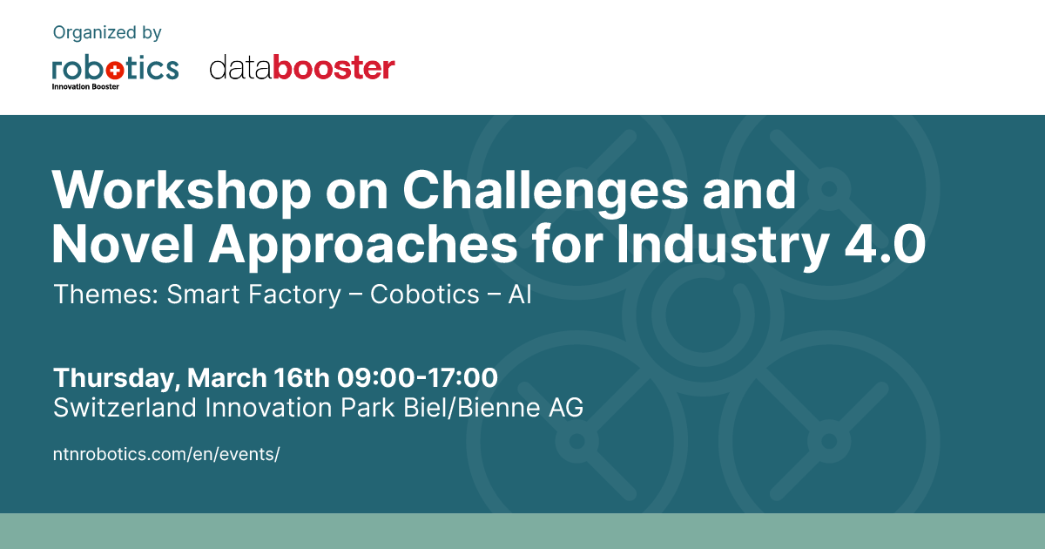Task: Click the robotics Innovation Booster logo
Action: pyautogui.click(x=115, y=73)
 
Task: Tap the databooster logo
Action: pyautogui.click(x=302, y=67)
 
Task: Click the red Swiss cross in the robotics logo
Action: pyautogui.click(x=115, y=71)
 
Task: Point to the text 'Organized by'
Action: pyautogui.click(x=107, y=33)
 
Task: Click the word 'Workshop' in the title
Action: pyautogui.click(x=181, y=191)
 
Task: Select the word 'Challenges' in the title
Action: pyautogui.click(x=545, y=191)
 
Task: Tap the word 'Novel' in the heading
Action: pyautogui.click(x=123, y=244)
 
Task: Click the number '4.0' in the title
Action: pyautogui.click(x=886, y=244)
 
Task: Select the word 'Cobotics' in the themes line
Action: pyautogui.click(x=425, y=295)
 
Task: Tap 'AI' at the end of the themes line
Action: pyautogui.click(x=520, y=295)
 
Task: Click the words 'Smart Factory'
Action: pyautogui.click(x=253, y=295)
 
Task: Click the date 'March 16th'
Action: pyautogui.click(x=259, y=377)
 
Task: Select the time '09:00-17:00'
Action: pyautogui.click(x=417, y=377)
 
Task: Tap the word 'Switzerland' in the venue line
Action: pyautogui.click(x=125, y=408)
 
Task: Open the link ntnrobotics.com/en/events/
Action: pyautogui.click(x=166, y=454)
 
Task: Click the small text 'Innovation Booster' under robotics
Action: pyautogui.click(x=85, y=87)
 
